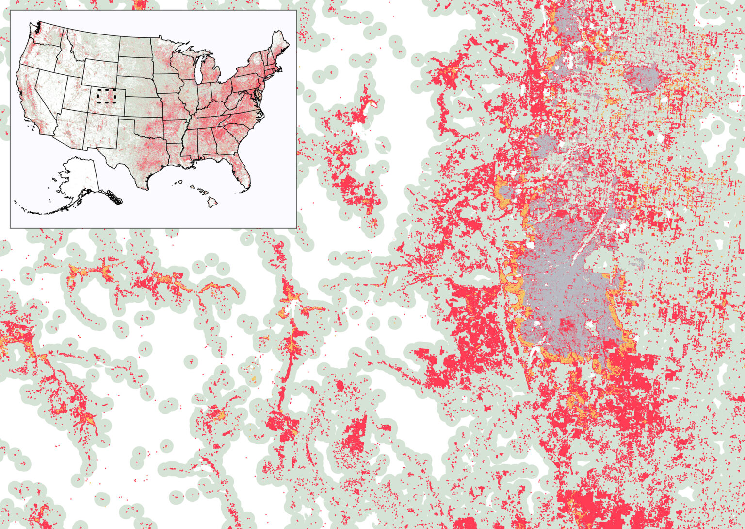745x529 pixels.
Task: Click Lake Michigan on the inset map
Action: click(202, 73)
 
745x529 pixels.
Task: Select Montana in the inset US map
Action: click(92, 44)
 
